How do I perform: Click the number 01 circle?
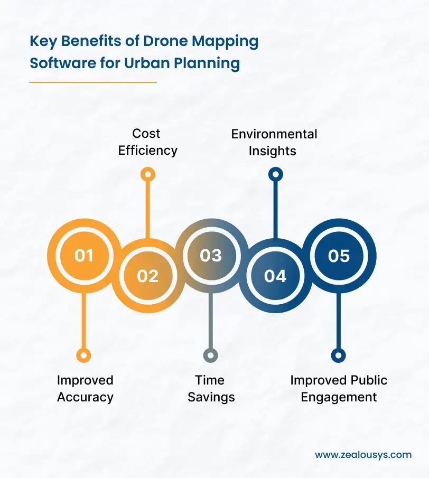click(83, 256)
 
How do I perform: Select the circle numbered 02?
click(147, 276)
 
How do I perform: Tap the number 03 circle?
click(211, 256)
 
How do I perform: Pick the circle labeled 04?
click(275, 276)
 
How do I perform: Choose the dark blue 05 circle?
click(339, 256)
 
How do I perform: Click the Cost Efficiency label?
click(147, 142)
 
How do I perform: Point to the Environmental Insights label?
click(274, 142)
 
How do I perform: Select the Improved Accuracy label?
click(85, 388)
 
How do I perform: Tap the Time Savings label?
click(211, 388)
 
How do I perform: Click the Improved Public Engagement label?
click(339, 388)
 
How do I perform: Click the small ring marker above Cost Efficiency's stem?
click(147, 174)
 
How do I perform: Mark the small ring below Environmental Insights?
click(275, 174)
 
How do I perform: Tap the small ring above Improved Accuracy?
click(83, 355)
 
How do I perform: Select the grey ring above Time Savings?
click(211, 355)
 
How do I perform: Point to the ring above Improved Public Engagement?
click(339, 355)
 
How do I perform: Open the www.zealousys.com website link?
click(363, 455)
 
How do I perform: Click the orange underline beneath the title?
click(93, 82)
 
